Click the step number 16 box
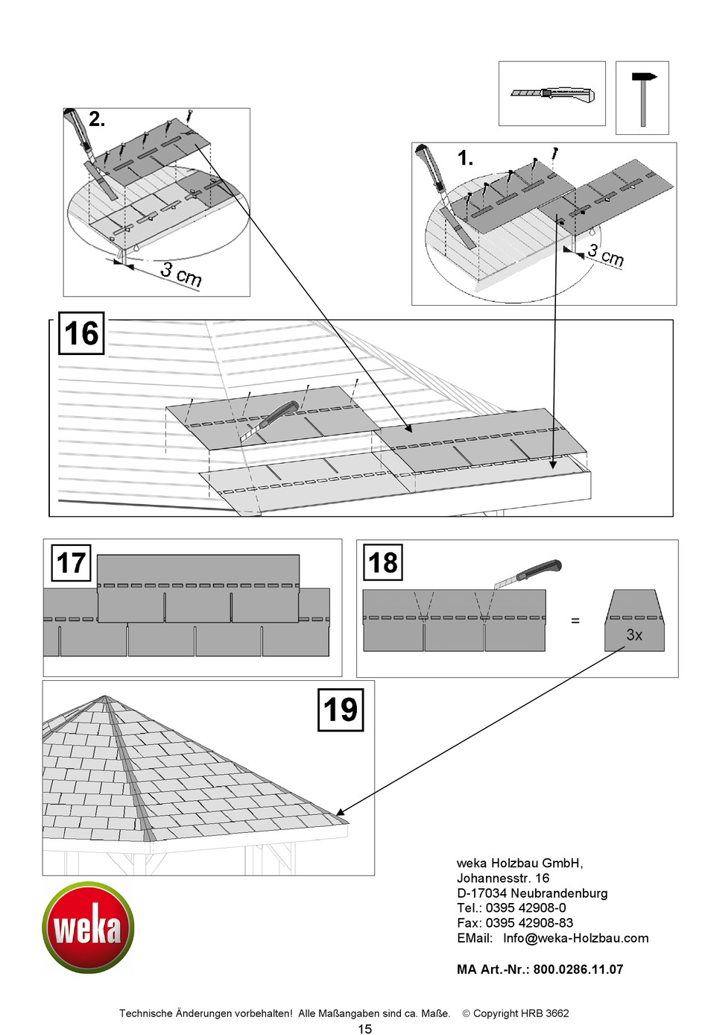click(81, 333)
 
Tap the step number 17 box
click(71, 563)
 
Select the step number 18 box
click(383, 562)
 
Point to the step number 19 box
click(341, 710)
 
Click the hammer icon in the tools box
click(642, 97)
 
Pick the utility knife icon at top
click(552, 94)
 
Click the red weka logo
click(88, 928)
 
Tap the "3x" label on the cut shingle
click(634, 635)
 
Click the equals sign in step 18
click(575, 620)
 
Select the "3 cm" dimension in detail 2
click(181, 274)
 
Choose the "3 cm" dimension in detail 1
click(604, 255)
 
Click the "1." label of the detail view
click(465, 158)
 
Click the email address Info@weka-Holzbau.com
click(575, 938)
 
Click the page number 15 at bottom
click(364, 1029)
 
